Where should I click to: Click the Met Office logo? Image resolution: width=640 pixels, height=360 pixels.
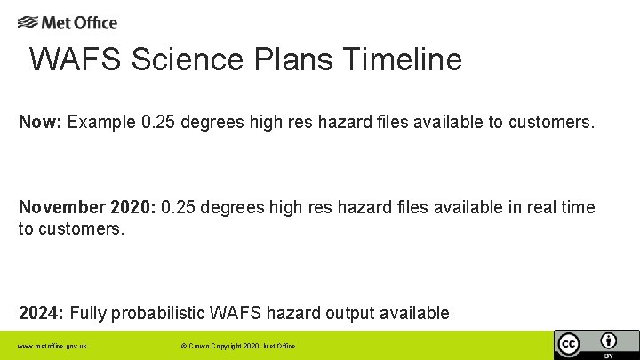(x=68, y=22)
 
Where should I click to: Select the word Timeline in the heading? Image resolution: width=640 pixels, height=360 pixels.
(x=402, y=60)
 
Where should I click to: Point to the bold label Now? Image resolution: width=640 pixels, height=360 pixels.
(x=40, y=122)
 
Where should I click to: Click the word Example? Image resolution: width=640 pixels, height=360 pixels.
(x=101, y=122)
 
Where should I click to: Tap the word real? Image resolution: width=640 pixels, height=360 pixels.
(x=540, y=208)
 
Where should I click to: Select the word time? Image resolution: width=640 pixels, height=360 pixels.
(x=578, y=208)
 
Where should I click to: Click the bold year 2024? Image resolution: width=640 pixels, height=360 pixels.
(x=41, y=313)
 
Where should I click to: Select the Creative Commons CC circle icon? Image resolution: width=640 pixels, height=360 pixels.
(x=568, y=344)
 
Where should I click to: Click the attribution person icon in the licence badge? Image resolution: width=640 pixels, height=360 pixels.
(x=609, y=341)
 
